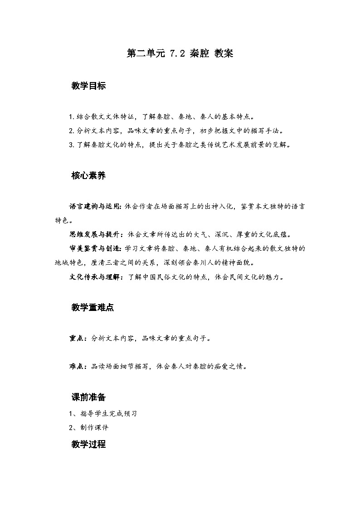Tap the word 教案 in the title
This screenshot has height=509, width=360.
point(223,53)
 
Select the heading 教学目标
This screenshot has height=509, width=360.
point(88,86)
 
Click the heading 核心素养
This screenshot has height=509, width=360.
point(88,176)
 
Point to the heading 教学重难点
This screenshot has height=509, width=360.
point(92,308)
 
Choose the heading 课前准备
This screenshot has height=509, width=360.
point(88,398)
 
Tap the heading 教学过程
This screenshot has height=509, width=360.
point(88,444)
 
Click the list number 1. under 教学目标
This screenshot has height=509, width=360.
point(71,117)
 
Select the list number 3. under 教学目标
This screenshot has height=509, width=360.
point(71,145)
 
